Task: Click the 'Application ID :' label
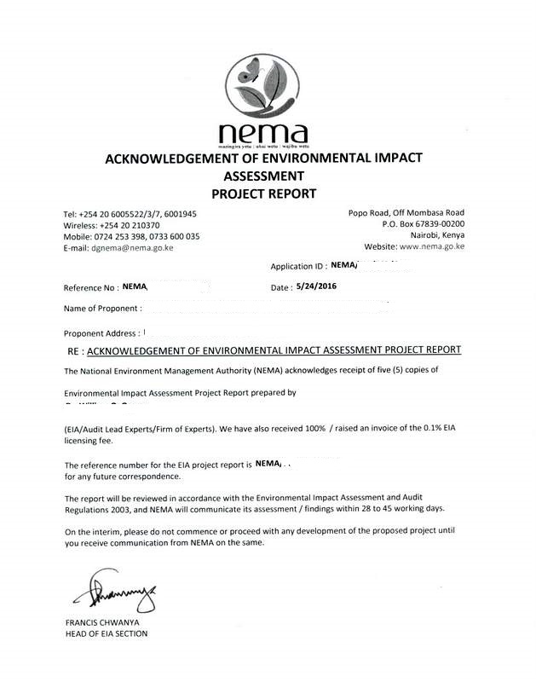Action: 297,267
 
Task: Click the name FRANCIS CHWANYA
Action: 101,622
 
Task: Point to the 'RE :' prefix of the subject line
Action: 75,350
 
